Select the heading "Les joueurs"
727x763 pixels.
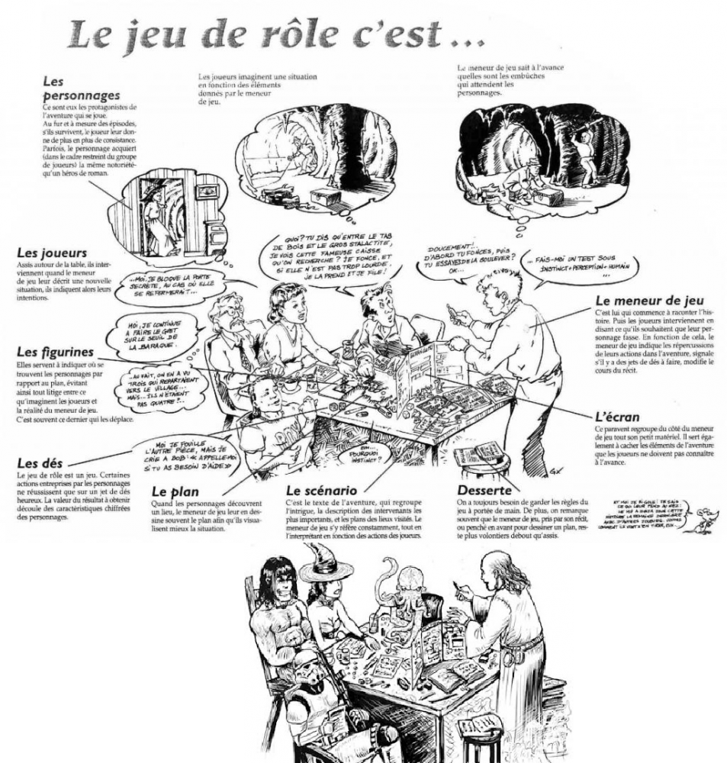pyautogui.click(x=50, y=253)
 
